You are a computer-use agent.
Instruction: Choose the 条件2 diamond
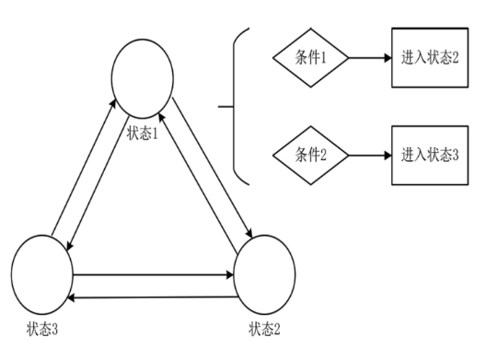point(310,153)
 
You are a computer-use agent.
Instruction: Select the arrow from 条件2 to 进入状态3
point(367,153)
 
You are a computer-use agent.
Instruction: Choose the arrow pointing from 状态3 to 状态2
point(153,273)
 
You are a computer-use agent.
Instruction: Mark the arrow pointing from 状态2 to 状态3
point(153,296)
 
